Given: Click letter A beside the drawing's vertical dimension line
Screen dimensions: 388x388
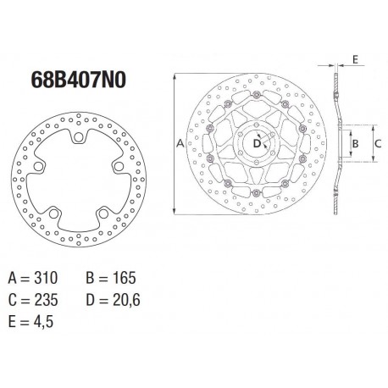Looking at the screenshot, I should (x=180, y=145).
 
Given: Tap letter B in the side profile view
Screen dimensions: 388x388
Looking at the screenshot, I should (x=357, y=145).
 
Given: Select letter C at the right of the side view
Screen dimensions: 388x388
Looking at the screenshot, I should (x=380, y=145).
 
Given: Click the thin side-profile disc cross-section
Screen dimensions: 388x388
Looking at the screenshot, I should (x=337, y=145).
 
